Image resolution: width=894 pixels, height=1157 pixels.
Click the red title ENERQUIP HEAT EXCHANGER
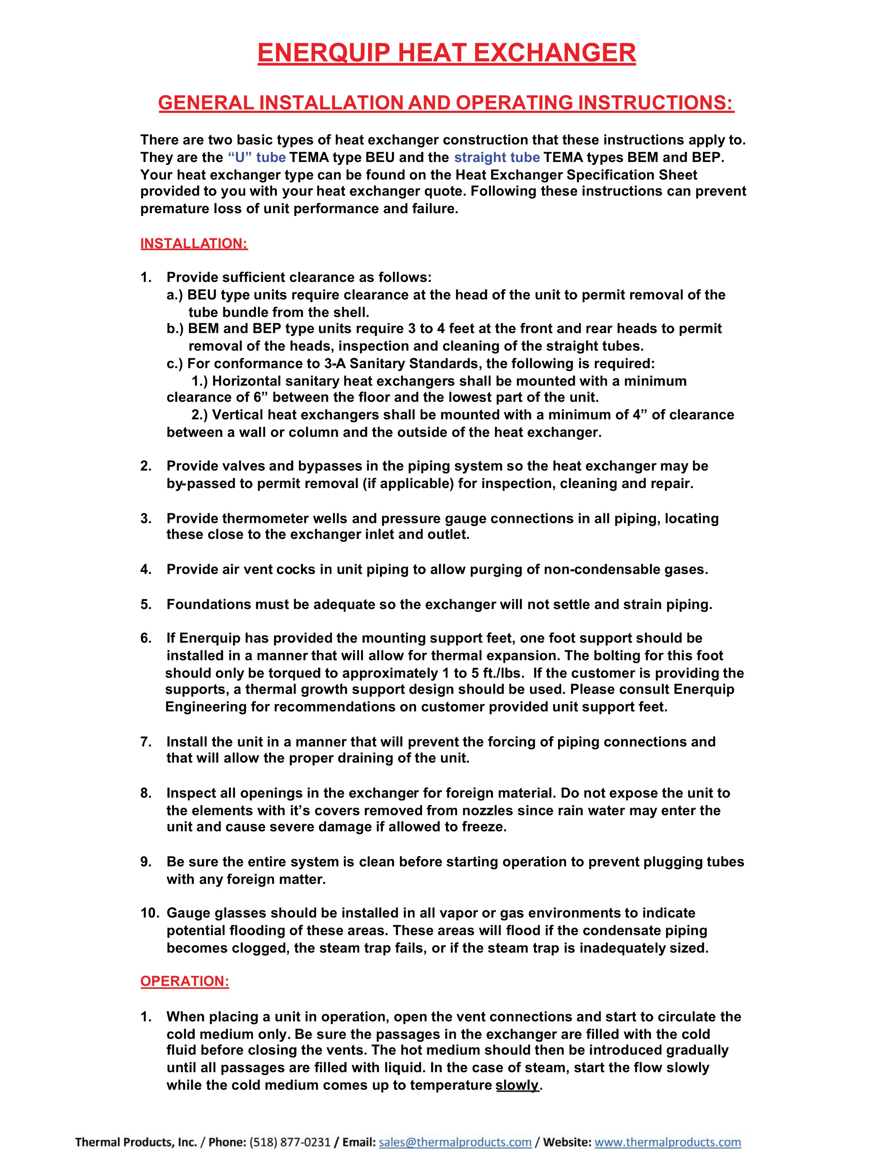tap(446, 53)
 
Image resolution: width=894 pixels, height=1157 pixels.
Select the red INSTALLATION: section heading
tap(194, 244)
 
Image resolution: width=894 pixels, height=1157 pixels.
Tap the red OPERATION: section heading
tap(184, 981)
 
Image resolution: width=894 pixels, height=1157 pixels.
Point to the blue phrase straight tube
tap(497, 157)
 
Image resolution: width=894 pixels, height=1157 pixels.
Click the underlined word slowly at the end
tap(517, 1085)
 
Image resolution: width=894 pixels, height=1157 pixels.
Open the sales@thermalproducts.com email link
tap(455, 1142)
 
